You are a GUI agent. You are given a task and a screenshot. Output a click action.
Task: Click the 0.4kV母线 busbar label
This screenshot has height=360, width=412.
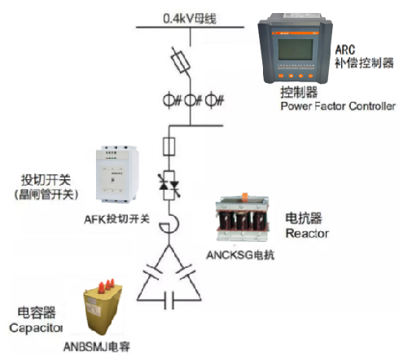click(190, 19)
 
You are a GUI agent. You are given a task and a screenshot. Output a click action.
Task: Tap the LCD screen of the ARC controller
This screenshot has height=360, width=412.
click(296, 50)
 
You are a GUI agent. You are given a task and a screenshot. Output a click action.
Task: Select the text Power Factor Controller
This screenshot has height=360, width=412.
click(338, 106)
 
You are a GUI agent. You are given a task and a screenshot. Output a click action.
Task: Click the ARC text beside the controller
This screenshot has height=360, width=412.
click(345, 50)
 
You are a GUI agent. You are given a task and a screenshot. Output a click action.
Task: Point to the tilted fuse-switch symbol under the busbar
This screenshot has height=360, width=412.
click(180, 61)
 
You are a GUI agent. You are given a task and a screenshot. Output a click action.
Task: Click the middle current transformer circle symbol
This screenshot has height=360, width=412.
click(191, 100)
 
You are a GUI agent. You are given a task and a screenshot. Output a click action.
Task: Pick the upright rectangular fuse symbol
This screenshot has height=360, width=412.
click(169, 147)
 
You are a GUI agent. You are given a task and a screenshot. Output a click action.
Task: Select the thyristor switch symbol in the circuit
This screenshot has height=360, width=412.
click(169, 186)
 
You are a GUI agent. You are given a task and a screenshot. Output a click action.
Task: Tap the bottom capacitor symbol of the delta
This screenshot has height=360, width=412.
click(169, 301)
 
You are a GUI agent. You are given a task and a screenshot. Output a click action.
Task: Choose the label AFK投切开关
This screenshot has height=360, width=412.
click(117, 219)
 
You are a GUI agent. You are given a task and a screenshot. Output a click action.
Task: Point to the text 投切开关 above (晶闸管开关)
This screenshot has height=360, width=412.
click(46, 179)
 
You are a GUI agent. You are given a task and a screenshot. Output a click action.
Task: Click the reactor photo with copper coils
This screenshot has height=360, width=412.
click(243, 218)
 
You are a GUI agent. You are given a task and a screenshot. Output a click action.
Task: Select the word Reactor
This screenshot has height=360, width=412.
click(307, 233)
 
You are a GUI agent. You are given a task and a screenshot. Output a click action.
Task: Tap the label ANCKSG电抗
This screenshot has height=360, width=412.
click(240, 255)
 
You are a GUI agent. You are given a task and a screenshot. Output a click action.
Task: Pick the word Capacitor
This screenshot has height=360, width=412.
click(36, 328)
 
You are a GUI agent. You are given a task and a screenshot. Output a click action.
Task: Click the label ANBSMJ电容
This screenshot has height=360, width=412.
click(97, 347)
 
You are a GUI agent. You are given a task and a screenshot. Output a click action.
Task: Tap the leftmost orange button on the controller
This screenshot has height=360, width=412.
click(281, 76)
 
